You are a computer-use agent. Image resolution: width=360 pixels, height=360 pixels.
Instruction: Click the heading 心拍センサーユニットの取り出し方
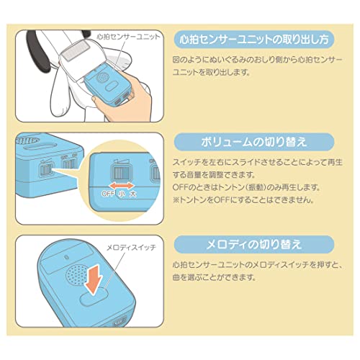tap(254, 40)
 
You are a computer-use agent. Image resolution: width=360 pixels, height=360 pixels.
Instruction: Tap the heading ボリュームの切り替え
tap(254, 142)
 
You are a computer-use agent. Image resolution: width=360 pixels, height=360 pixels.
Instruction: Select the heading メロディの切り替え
tap(254, 244)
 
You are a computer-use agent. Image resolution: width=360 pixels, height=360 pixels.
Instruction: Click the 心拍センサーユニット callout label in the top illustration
tap(128, 37)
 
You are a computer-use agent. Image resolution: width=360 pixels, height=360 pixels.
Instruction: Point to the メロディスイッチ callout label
tap(131, 248)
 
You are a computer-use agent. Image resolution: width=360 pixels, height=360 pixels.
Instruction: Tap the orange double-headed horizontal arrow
tap(122, 186)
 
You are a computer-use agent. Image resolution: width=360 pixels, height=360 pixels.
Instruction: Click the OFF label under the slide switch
tap(108, 194)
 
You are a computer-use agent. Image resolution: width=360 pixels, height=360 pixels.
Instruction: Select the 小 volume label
tap(122, 194)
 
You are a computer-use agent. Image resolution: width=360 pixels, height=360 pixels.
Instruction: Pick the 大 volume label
tap(132, 194)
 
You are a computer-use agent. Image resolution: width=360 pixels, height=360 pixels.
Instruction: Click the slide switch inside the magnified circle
tap(121, 173)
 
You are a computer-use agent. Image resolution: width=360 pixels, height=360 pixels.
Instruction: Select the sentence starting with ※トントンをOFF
tap(243, 199)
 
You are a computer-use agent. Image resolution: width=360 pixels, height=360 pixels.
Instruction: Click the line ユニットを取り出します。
tap(211, 72)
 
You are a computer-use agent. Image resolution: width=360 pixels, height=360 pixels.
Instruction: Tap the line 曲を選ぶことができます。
tap(214, 277)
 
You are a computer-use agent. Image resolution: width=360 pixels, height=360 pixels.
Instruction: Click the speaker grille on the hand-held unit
tap(103, 77)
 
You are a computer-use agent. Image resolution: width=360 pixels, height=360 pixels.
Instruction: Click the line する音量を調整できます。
tap(214, 174)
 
